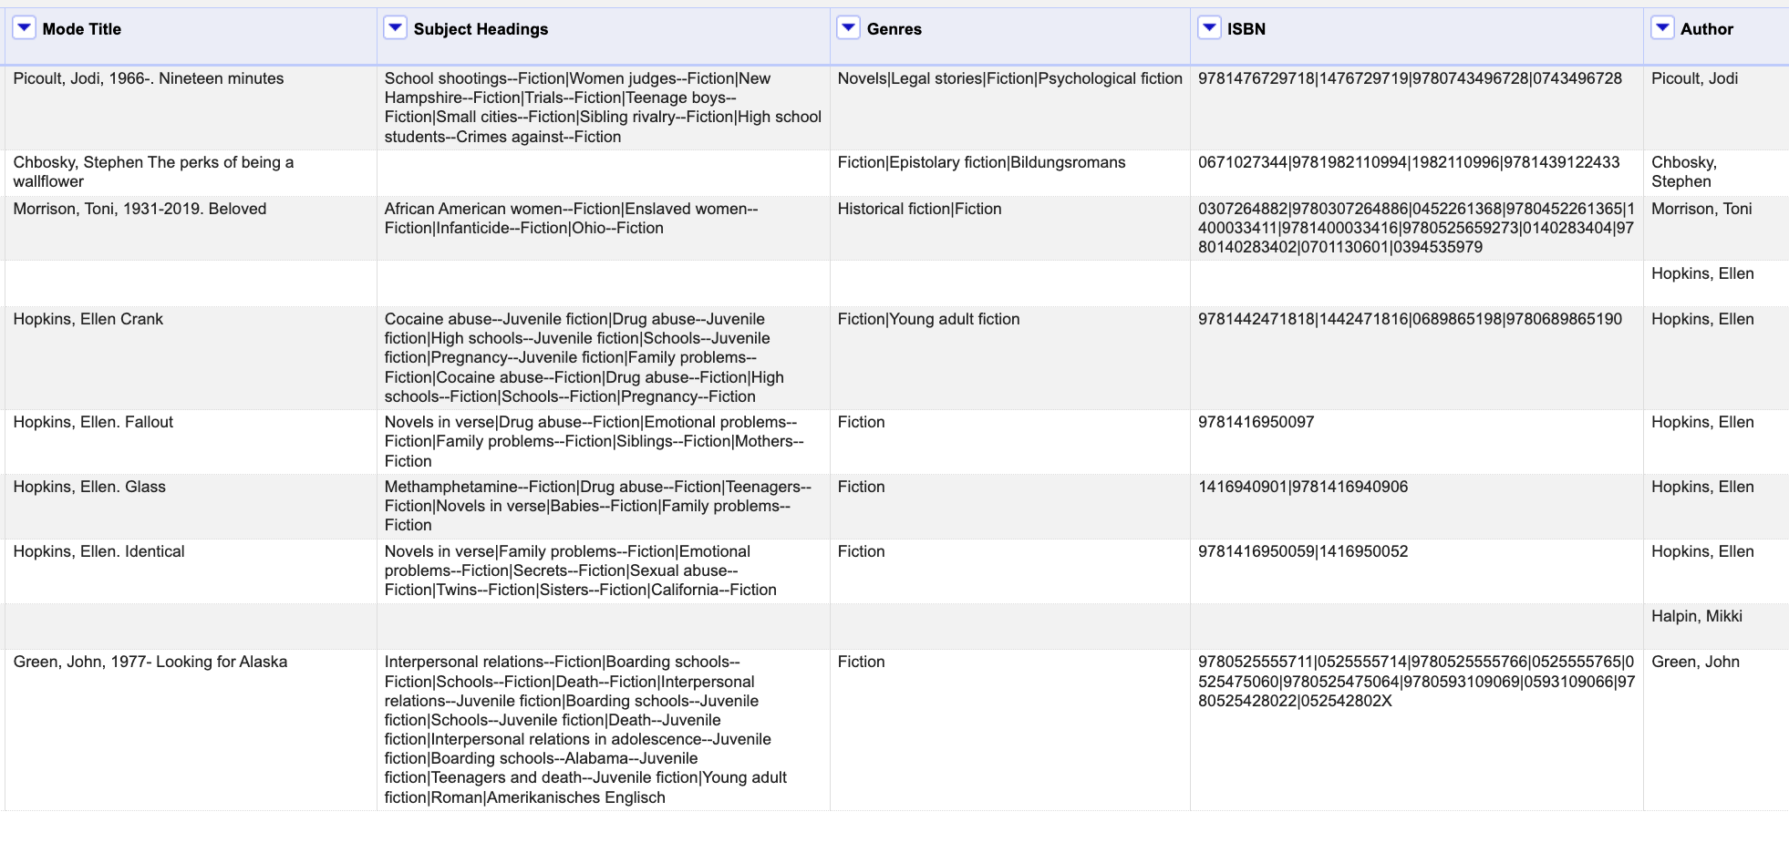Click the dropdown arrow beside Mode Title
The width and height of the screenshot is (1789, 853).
(x=24, y=28)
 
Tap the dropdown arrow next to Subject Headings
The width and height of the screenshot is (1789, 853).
(x=395, y=28)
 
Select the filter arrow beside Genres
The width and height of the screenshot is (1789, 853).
(x=848, y=28)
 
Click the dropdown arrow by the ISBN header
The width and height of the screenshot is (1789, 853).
(x=1209, y=28)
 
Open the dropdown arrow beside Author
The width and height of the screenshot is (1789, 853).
(x=1662, y=28)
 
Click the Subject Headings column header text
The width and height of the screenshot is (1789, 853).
(x=481, y=29)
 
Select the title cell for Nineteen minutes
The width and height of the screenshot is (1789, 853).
(x=149, y=78)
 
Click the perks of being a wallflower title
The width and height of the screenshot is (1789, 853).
(x=153, y=171)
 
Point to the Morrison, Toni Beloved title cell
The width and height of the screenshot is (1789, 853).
(x=140, y=209)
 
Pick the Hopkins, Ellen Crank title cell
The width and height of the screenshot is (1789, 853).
(x=88, y=319)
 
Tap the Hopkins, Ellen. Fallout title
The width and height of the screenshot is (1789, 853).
(x=93, y=422)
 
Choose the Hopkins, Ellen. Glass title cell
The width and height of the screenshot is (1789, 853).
(x=89, y=487)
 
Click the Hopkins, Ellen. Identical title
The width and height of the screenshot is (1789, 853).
(x=98, y=551)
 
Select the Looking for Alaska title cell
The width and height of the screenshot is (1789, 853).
(x=150, y=662)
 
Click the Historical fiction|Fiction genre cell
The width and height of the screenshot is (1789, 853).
(x=919, y=209)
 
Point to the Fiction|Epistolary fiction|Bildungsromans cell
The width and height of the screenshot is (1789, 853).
(x=981, y=162)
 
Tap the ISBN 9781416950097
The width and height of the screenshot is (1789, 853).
(x=1256, y=422)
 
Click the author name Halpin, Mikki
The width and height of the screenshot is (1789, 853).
(x=1696, y=616)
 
